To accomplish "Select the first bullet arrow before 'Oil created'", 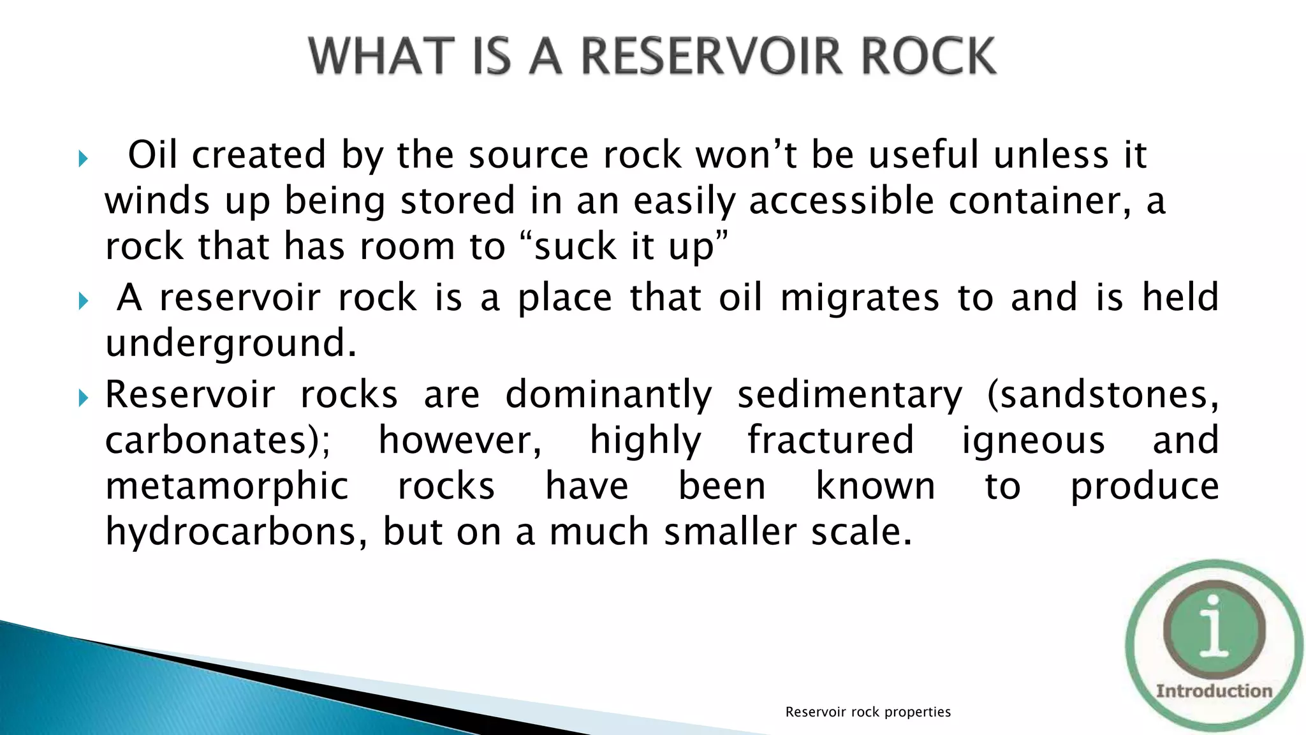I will [x=83, y=158].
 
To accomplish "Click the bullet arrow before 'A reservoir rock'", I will [x=83, y=301].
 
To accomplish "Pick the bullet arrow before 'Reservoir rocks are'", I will [x=83, y=398].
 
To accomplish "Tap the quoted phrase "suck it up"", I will [x=624, y=247].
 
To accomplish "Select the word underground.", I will [x=230, y=344].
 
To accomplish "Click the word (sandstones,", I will [x=1103, y=395].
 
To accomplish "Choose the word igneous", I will [x=1033, y=441].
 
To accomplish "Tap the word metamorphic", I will [x=227, y=487].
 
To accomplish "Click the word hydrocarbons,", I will [x=237, y=533].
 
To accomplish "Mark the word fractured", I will [x=831, y=441].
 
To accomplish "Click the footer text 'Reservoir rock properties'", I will [x=868, y=712].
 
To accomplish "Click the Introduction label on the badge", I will [x=1214, y=691].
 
